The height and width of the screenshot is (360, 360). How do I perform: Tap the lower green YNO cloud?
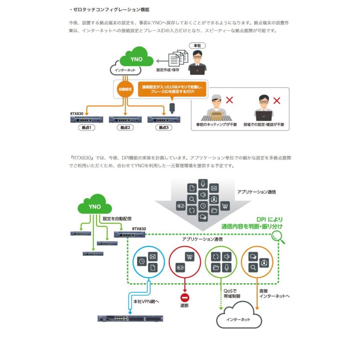pyautogui.click(x=95, y=206)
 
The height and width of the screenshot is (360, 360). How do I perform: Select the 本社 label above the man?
pyautogui.click(x=197, y=46)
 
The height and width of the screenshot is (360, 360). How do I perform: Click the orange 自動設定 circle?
pyautogui.click(x=125, y=89)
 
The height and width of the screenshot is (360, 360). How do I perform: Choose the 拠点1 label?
pyautogui.click(x=87, y=128)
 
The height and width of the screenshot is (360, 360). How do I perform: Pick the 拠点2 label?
pyautogui.click(x=125, y=128)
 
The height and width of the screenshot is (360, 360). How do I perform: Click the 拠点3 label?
pyautogui.click(x=163, y=128)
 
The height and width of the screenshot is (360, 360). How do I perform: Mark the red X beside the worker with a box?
pyautogui.click(x=229, y=100)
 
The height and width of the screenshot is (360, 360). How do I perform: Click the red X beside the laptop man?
pyautogui.click(x=276, y=100)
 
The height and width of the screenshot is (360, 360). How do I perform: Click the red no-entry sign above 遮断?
pyautogui.click(x=184, y=298)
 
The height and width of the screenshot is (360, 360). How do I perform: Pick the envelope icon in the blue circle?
pyautogui.click(x=152, y=256)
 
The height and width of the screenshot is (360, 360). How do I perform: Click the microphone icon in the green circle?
pyautogui.click(x=227, y=268)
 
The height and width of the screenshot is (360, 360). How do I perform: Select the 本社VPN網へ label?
pyautogui.click(x=146, y=301)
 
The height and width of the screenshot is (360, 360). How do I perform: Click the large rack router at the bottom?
pyautogui.click(x=131, y=318)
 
